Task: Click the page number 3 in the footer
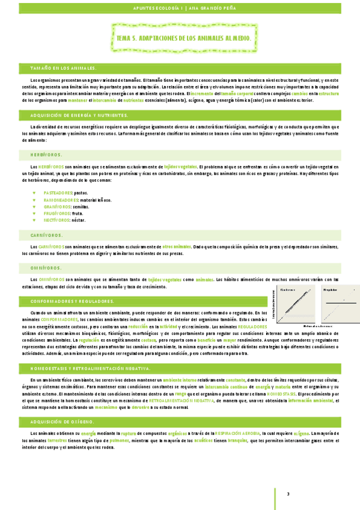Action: (x=288, y=494)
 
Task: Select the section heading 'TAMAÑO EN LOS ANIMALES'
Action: (x=63, y=69)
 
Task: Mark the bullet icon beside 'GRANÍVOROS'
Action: (x=34, y=206)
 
